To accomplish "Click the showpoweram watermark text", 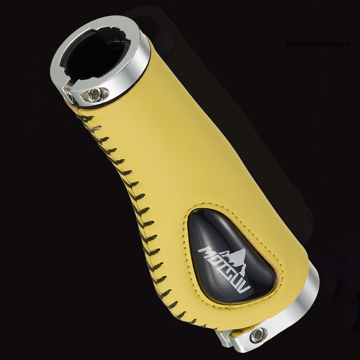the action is [318, 44].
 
